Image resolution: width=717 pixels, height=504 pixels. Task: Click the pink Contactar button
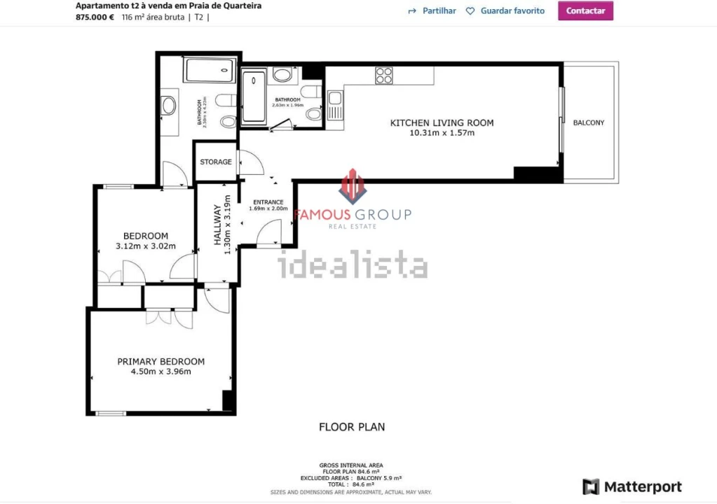tap(585, 10)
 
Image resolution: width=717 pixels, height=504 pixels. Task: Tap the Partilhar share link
tap(432, 11)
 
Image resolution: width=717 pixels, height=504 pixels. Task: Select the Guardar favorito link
tap(505, 11)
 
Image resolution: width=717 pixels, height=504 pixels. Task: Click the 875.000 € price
tap(95, 17)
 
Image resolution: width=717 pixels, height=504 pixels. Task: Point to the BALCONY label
tap(589, 123)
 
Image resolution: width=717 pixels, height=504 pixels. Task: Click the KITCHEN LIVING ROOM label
tap(442, 123)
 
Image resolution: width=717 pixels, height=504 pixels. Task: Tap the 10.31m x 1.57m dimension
tap(442, 133)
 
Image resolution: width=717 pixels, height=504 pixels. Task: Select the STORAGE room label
tap(216, 162)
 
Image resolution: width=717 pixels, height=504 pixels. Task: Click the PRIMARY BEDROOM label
tap(161, 362)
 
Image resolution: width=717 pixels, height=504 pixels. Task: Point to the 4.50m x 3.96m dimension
tap(161, 372)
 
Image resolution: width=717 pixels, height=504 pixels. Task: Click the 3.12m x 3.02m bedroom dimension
tap(145, 246)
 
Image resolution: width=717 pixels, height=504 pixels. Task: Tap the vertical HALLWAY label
tap(218, 228)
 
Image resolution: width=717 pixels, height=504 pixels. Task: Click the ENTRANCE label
tap(268, 202)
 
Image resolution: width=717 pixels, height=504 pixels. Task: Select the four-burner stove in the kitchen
tap(384, 75)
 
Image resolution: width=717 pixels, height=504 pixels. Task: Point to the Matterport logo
tap(632, 486)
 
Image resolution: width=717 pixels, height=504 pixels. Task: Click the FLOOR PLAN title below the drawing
tap(352, 426)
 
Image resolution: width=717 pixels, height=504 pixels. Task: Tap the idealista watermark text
tap(353, 266)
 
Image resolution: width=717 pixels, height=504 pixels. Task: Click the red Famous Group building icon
tap(353, 186)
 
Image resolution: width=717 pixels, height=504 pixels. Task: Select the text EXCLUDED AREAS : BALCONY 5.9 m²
tap(350, 477)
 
